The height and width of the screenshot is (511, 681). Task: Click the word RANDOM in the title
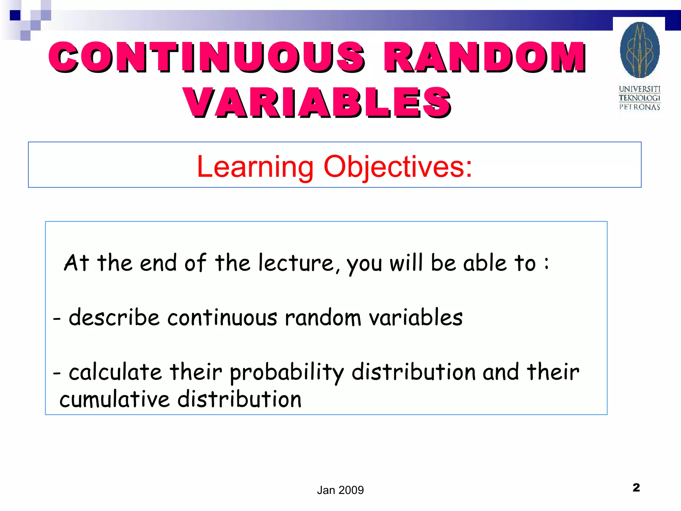485,57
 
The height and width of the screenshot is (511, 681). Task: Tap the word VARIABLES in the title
318,102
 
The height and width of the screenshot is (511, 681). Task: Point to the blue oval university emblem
639,50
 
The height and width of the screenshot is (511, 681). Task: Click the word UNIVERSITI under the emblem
639,89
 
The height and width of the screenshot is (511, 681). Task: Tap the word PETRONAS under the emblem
639,107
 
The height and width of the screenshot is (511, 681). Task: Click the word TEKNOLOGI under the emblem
639,98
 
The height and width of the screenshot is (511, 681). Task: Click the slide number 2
636,488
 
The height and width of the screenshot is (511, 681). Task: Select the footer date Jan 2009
340,490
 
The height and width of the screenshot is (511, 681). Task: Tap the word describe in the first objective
114,317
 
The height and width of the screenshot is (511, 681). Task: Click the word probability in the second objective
287,373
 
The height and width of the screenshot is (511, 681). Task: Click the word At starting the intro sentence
76,263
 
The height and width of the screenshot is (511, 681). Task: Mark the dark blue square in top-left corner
15,15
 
